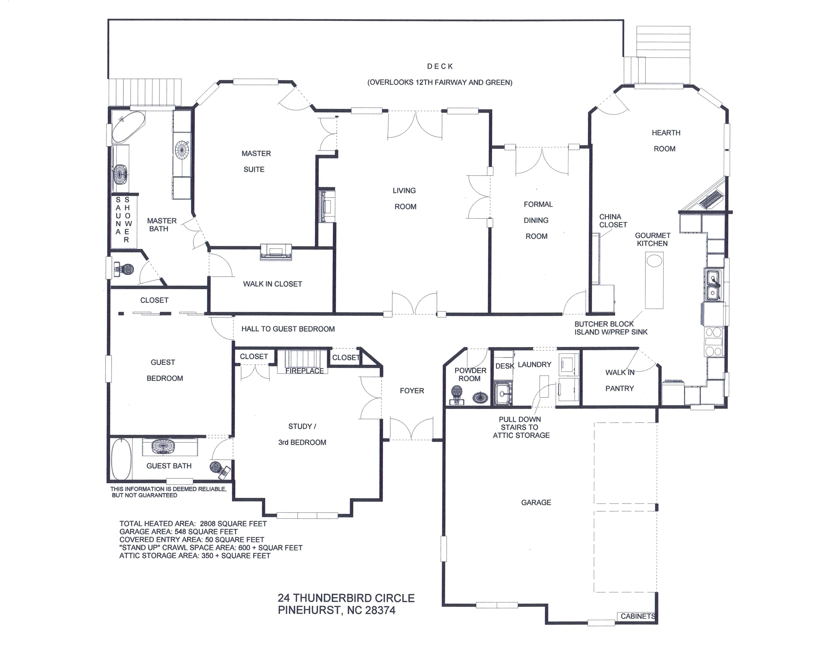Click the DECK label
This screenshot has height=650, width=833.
pyautogui.click(x=440, y=66)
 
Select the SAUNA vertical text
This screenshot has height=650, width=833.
pyautogui.click(x=118, y=216)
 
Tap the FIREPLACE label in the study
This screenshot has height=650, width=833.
pyautogui.click(x=304, y=371)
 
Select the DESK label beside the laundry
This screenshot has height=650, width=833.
pyautogui.click(x=505, y=366)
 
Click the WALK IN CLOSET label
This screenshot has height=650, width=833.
pyautogui.click(x=272, y=284)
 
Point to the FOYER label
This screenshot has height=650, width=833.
pyautogui.click(x=412, y=391)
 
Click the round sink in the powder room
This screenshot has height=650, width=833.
pyautogui.click(x=480, y=398)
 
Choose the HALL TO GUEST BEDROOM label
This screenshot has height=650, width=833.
pyautogui.click(x=288, y=329)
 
